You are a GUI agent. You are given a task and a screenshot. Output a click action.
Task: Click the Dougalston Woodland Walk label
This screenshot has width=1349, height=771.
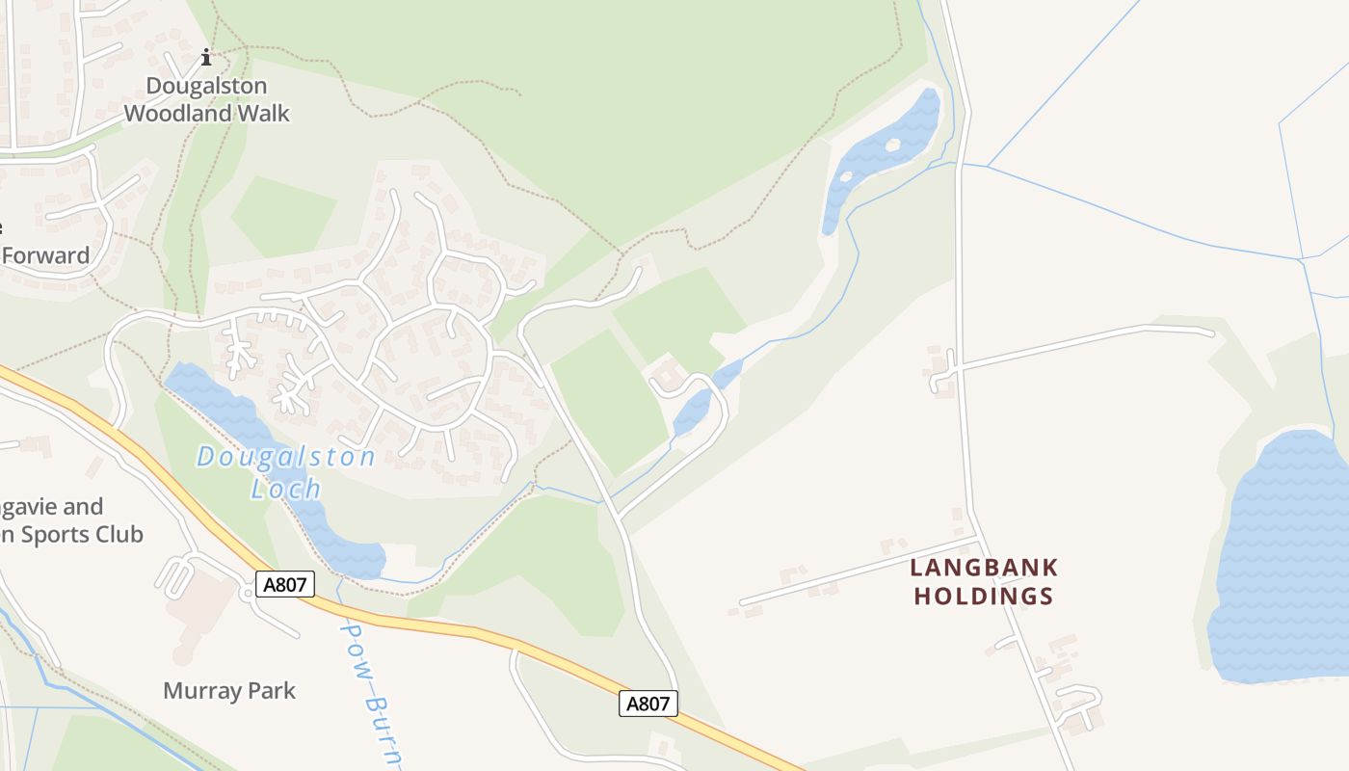tap(206, 99)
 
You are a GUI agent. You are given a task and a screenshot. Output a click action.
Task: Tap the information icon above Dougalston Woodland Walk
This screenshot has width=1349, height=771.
tap(205, 58)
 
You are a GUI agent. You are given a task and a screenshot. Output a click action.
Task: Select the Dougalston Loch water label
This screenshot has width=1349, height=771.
tap(286, 471)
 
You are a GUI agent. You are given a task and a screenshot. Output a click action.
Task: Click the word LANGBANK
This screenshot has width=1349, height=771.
tap(984, 567)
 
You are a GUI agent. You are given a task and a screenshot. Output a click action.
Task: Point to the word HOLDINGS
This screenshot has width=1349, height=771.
tap(984, 597)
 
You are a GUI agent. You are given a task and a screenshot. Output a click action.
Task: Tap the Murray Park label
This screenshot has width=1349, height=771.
tap(229, 690)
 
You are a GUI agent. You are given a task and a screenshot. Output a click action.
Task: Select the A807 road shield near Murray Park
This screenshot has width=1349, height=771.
tap(285, 583)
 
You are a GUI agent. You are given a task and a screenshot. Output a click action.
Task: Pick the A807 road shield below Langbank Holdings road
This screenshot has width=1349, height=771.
tap(648, 704)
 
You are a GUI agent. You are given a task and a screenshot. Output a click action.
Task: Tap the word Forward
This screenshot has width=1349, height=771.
tap(45, 255)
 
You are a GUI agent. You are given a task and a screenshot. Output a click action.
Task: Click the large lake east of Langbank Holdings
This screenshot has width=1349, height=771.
tap(1282, 559)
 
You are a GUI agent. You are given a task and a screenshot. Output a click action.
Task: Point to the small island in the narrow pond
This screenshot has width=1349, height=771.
tap(892, 145)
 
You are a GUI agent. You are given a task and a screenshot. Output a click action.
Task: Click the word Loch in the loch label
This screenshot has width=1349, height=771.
tap(286, 489)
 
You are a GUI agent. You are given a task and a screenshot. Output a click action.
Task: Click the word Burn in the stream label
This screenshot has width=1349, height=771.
tap(379, 718)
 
